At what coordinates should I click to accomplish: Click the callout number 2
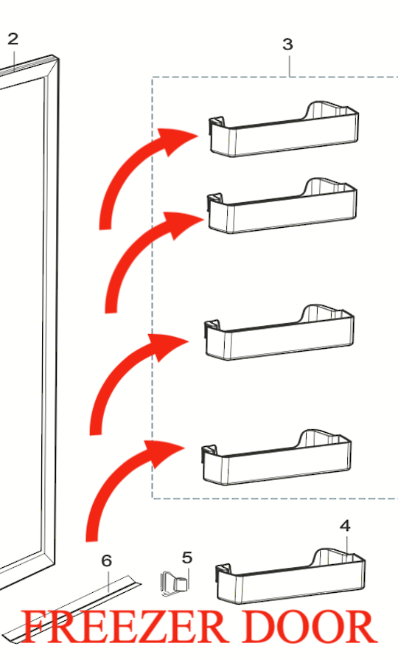tap(13, 39)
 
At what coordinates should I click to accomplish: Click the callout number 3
tap(287, 44)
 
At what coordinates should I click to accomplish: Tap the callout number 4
tap(345, 526)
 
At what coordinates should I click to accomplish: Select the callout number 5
tap(186, 557)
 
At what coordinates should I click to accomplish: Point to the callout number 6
tap(107, 561)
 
